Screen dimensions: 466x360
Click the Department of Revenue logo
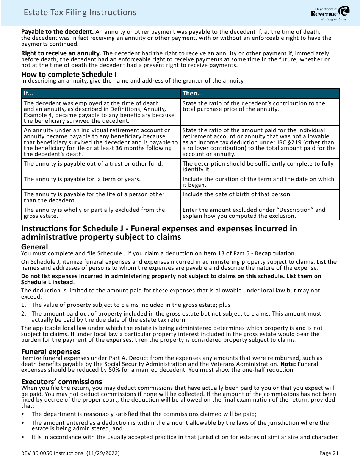(325, 14)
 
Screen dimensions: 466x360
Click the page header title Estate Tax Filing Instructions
(80, 13)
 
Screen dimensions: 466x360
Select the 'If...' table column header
(28, 93)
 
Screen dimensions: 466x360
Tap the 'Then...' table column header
(193, 93)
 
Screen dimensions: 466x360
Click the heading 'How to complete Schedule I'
(69, 74)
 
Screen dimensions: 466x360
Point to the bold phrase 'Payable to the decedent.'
(57, 31)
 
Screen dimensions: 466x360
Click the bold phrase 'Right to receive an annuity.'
(61, 53)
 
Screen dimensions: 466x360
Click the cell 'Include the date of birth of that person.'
(237, 194)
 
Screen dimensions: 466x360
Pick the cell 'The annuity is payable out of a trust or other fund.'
(93, 164)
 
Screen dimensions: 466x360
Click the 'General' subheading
(34, 247)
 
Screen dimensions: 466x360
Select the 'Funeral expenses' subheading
(50, 352)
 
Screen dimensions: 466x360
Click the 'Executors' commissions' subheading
(61, 382)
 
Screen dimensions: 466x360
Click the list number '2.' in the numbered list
(23, 314)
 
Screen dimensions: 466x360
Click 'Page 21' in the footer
(329, 453)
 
